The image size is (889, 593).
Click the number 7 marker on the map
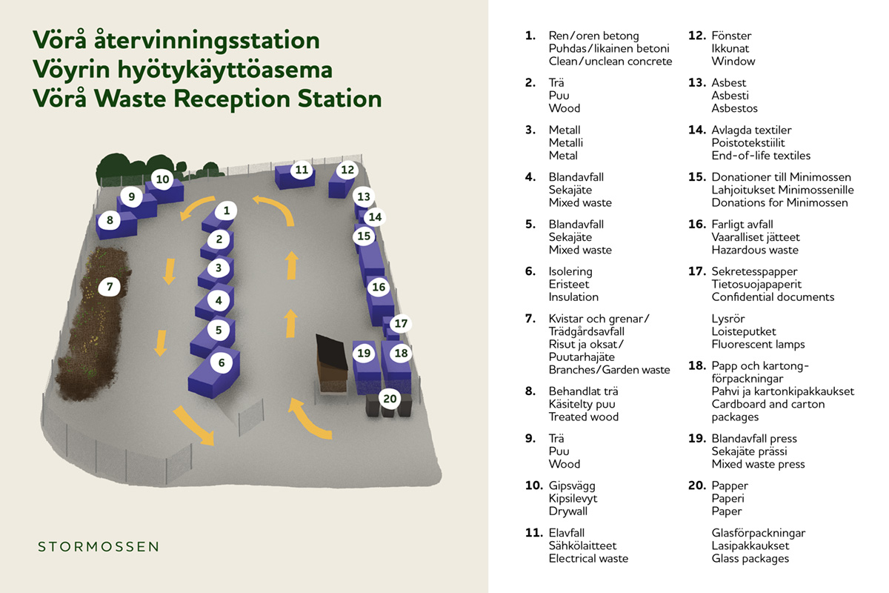point(109,286)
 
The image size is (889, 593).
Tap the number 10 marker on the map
point(163,179)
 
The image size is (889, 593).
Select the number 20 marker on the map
point(390,399)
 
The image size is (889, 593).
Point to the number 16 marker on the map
point(379,287)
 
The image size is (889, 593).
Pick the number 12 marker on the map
point(347,170)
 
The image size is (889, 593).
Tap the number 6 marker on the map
point(222,362)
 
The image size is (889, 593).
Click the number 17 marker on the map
point(400,324)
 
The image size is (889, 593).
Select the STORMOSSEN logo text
point(99,547)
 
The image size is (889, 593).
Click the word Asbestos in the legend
point(734,108)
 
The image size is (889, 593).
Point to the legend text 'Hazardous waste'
point(755,250)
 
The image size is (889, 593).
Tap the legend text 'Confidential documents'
point(773,297)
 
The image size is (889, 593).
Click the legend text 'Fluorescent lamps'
point(758,345)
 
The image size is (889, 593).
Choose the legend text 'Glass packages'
point(750,559)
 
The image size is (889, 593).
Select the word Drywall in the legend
point(567,511)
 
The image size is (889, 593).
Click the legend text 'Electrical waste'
point(588,559)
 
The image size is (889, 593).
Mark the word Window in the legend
point(733,62)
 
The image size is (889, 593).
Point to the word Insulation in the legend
point(573,297)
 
